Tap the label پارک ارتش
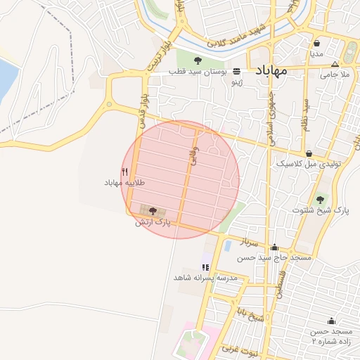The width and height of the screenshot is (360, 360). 153,222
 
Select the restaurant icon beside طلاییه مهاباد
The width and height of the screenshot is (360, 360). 125,171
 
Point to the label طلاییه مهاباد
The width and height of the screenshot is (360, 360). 124,182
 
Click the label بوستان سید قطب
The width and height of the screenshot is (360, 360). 198,72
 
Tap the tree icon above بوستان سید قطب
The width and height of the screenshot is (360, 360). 198,60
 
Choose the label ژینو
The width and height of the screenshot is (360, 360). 237,82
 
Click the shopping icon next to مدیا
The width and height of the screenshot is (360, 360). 317,42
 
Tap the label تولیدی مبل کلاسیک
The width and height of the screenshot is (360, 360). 309,163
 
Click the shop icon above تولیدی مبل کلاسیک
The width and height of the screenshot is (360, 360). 309,153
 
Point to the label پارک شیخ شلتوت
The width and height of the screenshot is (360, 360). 321,210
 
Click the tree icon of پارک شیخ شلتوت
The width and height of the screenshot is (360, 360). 321,199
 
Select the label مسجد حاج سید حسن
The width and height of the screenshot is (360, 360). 274,258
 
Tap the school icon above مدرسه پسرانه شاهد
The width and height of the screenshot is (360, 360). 205,267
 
